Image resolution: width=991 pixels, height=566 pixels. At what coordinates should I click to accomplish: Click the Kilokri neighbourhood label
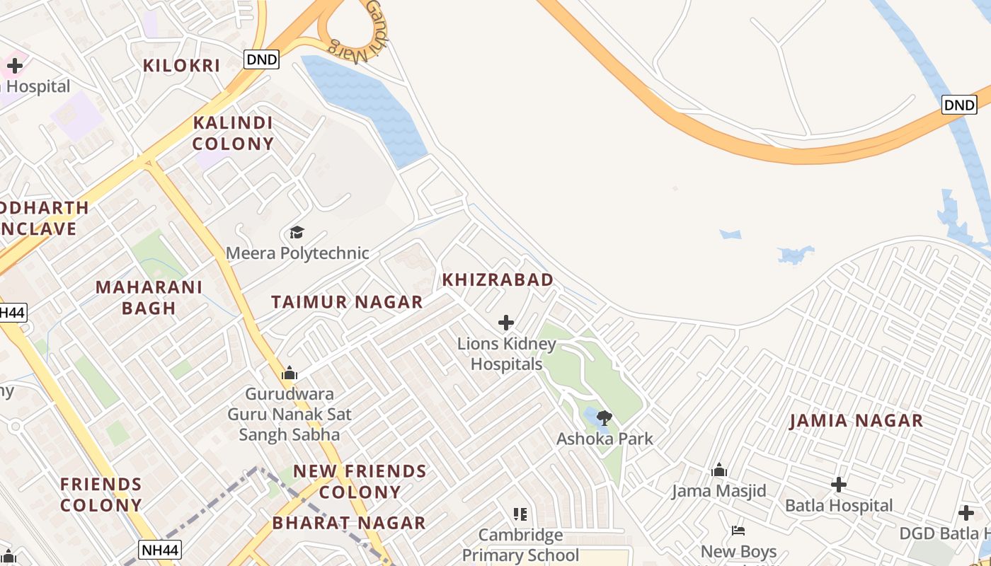point(181,66)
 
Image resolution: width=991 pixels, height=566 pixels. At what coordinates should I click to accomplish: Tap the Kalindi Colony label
point(233,133)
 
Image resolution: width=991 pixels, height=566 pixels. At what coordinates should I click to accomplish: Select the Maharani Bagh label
point(149,297)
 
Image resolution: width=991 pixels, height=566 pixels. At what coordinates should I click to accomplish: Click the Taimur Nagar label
point(347,302)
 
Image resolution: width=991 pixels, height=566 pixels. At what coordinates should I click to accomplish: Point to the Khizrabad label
point(498,279)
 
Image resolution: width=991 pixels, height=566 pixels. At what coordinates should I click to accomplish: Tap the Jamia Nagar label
point(856,420)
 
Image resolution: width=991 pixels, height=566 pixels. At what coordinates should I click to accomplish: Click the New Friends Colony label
point(360,481)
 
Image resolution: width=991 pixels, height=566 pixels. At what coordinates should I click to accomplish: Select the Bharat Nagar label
point(349,523)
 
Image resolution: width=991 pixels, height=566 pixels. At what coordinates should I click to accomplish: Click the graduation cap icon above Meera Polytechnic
point(297,232)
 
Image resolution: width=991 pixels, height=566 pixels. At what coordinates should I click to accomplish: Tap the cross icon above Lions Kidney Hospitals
point(505,323)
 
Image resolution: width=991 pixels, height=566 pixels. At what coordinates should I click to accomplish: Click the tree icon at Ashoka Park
point(604,417)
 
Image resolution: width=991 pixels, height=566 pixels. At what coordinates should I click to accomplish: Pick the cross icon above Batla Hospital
point(839,485)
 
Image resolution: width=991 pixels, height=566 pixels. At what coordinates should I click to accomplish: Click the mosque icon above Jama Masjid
point(719,470)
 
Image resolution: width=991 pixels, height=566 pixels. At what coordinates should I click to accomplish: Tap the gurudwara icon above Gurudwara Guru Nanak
point(289,373)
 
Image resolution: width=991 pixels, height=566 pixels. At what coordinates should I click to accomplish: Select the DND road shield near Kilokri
point(261,59)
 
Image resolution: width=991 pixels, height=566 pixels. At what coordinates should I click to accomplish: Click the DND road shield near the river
point(959,105)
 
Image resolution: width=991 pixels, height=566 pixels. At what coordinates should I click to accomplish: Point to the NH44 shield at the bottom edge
point(160,550)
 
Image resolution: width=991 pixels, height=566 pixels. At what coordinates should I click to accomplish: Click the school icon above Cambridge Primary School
point(520,514)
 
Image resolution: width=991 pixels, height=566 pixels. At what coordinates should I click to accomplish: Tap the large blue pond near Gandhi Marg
point(368,106)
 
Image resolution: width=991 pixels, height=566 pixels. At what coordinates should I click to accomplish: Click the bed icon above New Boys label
point(738,530)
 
